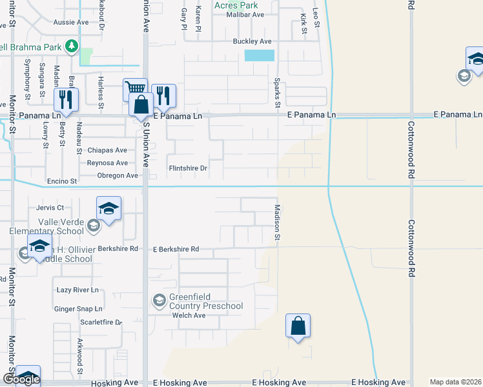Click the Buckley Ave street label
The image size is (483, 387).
tap(252, 41)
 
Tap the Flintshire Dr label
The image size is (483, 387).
tap(187, 169)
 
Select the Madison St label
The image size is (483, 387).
tap(277, 223)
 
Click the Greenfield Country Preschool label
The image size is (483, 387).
tap(205, 301)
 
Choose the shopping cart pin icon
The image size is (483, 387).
tap(134, 89)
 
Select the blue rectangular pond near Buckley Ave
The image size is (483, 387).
tap(260, 55)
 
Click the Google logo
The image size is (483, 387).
tap(21, 379)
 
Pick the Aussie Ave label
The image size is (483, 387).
tap(74, 22)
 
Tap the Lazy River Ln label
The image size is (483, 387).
tap(77, 290)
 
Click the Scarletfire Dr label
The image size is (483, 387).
tap(100, 322)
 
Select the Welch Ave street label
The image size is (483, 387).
tap(189, 315)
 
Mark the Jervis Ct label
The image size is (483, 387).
tap(50, 208)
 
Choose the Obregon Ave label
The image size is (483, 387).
tap(118, 175)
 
